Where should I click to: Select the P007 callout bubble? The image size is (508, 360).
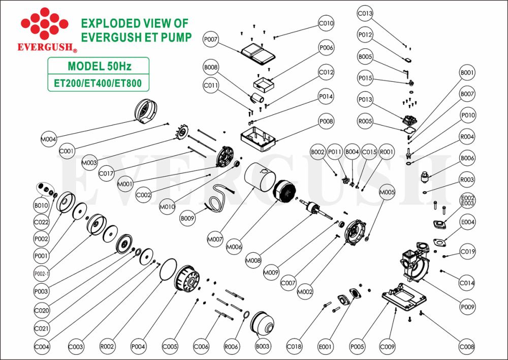pos(211,39)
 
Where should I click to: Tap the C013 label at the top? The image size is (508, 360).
pos(365,14)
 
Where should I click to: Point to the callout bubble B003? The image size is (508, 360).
pos(262,346)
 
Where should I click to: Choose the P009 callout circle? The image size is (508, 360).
pos(467,307)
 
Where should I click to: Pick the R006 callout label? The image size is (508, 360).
pos(231,346)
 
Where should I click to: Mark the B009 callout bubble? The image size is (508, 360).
pos(187,219)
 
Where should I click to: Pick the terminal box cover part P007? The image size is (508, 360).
pos(257,52)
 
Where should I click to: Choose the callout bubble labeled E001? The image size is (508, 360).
pos(326,346)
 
